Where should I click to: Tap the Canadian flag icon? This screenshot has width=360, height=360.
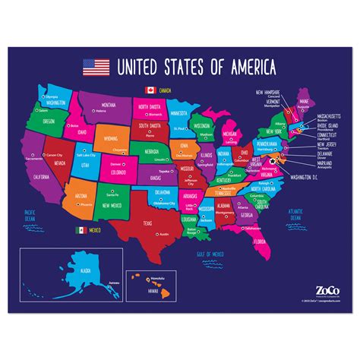[150, 90]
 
